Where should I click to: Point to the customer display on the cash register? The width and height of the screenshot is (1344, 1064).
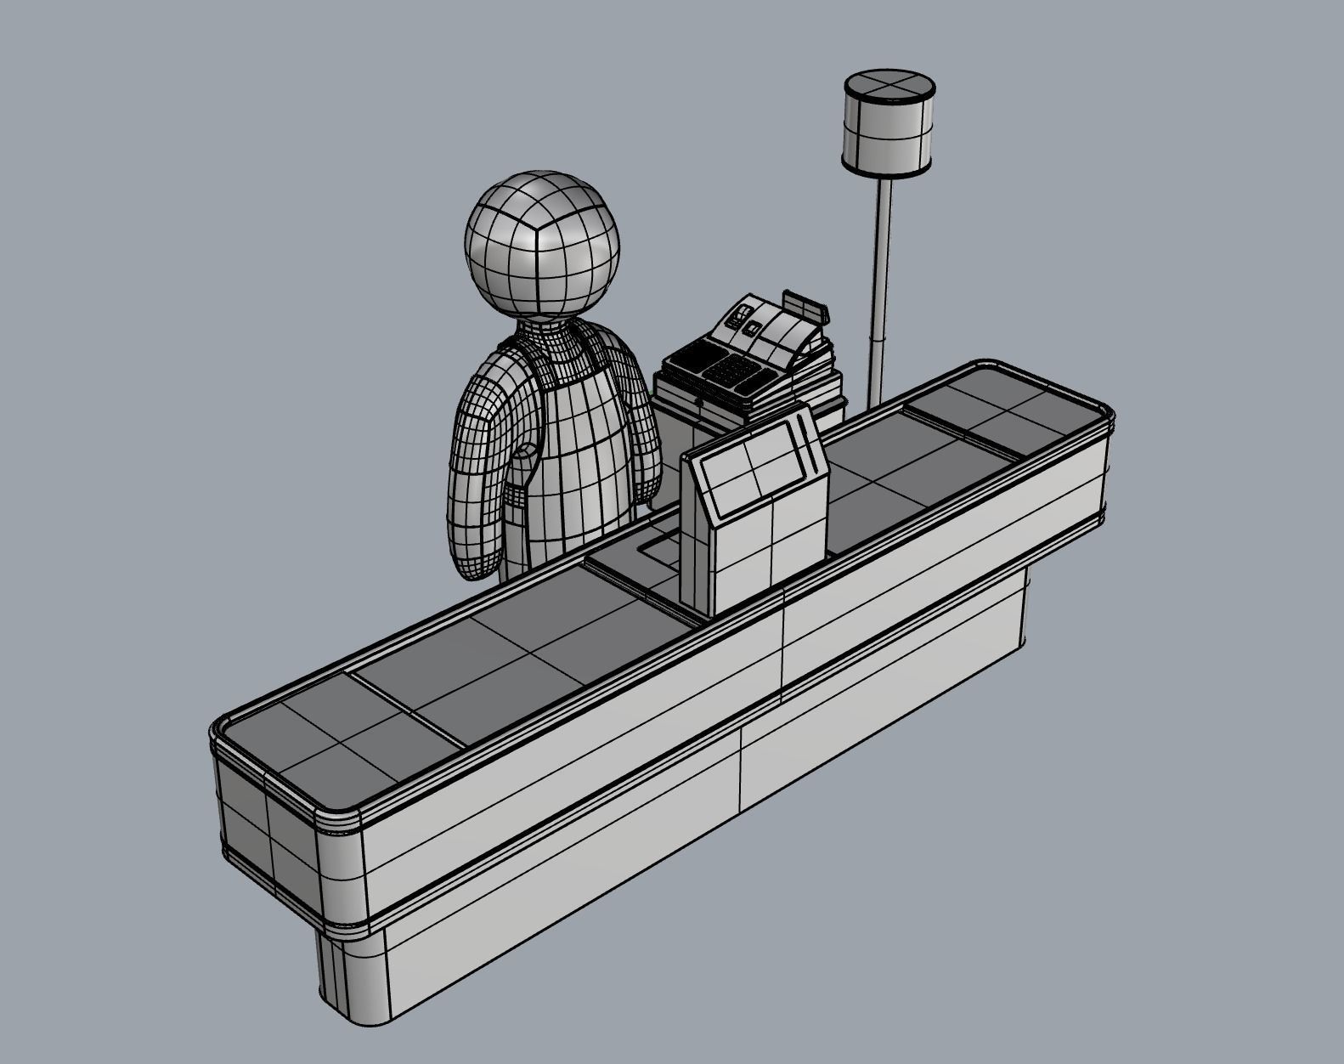tap(805, 305)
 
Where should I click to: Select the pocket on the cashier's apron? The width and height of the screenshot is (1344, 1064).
tap(522, 476)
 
